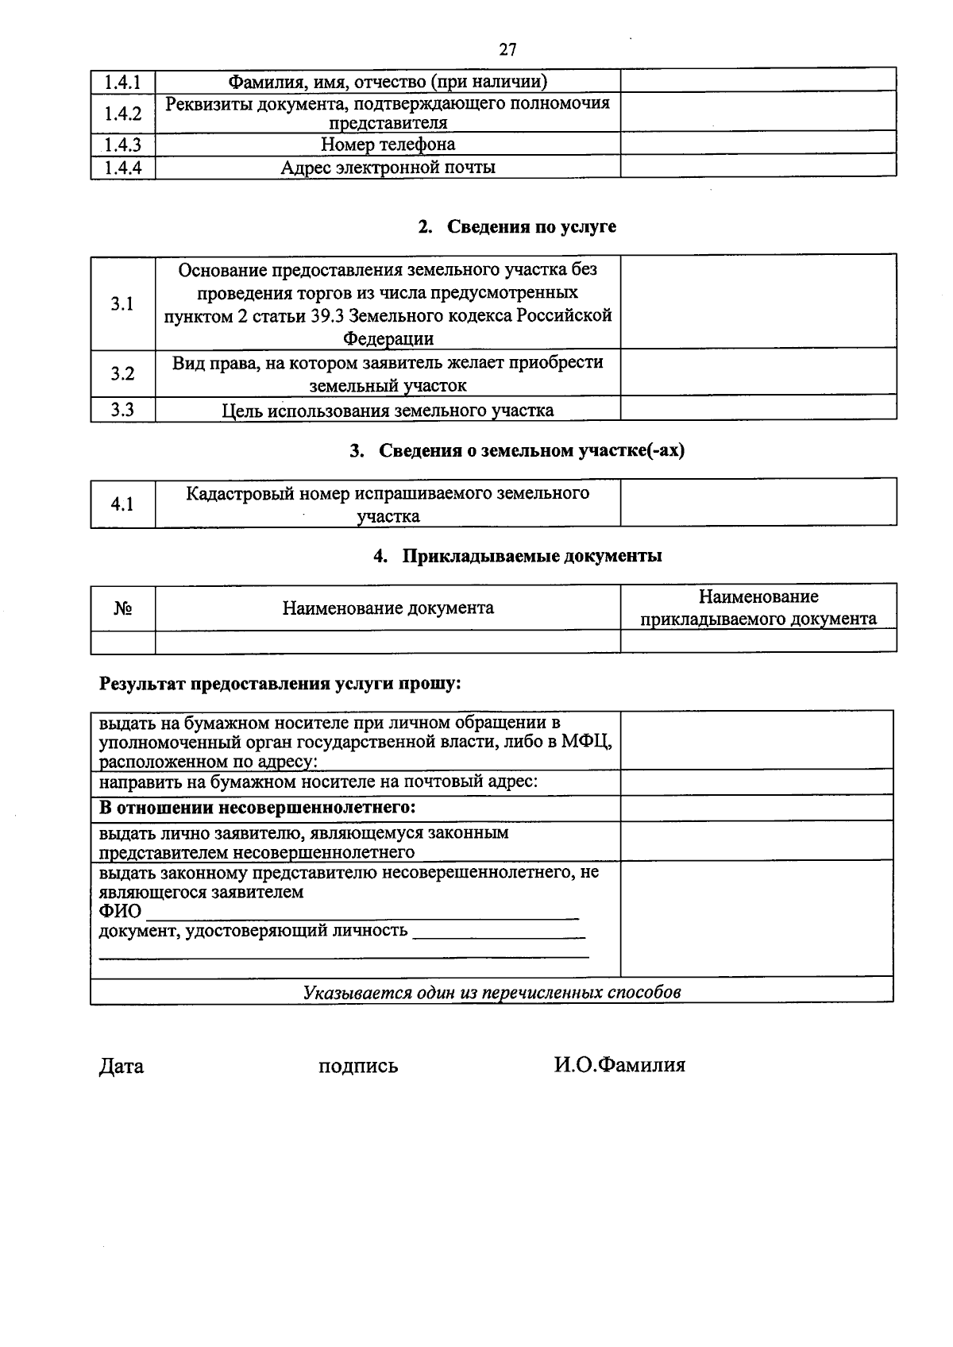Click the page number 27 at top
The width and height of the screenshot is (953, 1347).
(x=507, y=50)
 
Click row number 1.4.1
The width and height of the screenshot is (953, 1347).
(x=122, y=82)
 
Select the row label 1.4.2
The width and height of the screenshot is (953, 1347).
(x=122, y=113)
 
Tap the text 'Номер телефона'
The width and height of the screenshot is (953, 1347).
(x=388, y=145)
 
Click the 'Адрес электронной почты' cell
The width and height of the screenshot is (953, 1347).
(x=388, y=168)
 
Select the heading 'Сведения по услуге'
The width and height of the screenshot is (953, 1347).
(x=531, y=226)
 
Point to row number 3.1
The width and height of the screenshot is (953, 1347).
(x=122, y=303)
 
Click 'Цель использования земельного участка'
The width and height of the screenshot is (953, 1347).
(x=388, y=411)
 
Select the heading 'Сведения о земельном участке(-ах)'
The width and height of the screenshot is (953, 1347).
(x=531, y=451)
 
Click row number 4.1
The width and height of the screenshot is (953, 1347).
(x=122, y=504)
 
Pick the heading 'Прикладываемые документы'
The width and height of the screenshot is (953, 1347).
(x=531, y=556)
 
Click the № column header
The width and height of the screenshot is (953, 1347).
(x=122, y=608)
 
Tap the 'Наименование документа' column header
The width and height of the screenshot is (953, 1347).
(x=388, y=608)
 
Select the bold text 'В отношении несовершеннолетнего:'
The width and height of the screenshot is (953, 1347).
(x=257, y=809)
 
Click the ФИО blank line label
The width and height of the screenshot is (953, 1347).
(x=120, y=911)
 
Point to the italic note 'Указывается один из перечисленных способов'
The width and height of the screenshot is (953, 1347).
(x=492, y=992)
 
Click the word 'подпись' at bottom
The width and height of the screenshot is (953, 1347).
(x=357, y=1066)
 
